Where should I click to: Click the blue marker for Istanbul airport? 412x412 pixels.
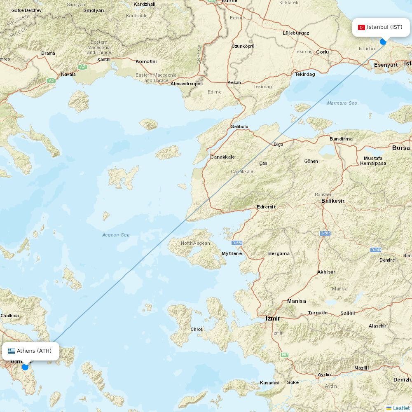383,42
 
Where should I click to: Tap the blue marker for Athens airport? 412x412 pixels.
25,367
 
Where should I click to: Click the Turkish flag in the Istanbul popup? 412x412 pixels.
361,27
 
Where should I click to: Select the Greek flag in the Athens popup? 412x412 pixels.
11,351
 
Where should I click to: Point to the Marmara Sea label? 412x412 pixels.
342,103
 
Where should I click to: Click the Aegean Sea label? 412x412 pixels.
116,235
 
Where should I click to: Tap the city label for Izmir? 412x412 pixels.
273,318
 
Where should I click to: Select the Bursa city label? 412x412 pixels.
400,147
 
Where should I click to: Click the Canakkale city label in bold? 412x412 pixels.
222,157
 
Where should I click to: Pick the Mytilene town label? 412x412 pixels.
232,253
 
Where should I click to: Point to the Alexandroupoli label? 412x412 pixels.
187,84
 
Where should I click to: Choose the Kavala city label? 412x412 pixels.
68,75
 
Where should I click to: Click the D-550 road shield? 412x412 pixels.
237,243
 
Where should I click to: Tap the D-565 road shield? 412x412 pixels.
325,233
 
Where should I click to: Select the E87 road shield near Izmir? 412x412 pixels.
285,355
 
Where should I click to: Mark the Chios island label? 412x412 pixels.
197,329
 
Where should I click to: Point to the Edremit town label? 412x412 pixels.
266,207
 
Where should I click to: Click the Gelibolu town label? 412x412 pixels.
239,126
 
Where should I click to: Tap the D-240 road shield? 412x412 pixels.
376,250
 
